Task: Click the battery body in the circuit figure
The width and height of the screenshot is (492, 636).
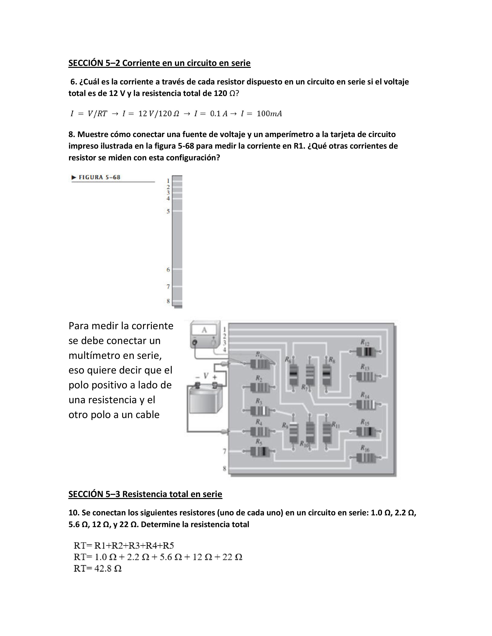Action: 205,400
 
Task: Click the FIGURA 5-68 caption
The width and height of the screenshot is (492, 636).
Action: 99,177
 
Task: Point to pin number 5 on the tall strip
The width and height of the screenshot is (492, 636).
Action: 168,211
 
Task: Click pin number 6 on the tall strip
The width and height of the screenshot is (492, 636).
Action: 168,270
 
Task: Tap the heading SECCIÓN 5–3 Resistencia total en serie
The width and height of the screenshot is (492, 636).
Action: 145,494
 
